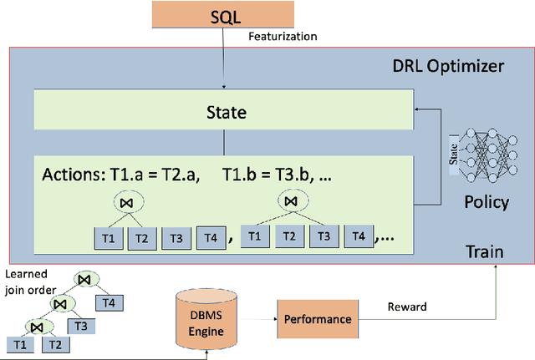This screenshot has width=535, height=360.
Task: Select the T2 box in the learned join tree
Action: pos(53,344)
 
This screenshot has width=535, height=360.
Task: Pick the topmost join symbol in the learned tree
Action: pos(84,278)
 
